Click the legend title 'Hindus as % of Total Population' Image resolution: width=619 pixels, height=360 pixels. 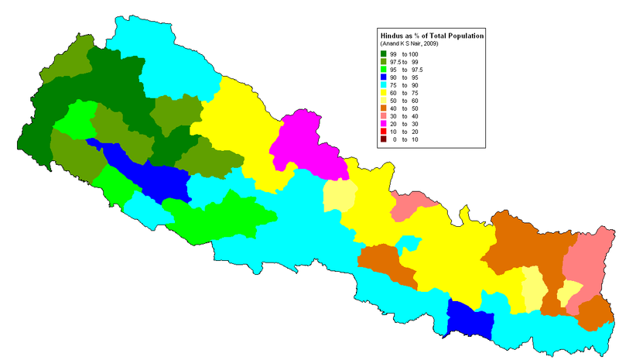point(431,36)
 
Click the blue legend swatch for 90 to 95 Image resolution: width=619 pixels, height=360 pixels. point(384,78)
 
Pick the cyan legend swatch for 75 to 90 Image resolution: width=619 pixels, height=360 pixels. point(384,86)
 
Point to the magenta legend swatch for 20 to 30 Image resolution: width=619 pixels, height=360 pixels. point(384,124)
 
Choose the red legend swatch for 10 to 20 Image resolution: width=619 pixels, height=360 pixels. point(384,132)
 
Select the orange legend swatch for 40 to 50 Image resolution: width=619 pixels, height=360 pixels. point(384,108)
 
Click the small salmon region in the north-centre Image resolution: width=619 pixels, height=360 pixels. point(414,205)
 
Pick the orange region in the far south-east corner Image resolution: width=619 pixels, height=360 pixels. point(594,314)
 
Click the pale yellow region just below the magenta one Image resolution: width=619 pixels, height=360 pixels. point(339,195)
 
